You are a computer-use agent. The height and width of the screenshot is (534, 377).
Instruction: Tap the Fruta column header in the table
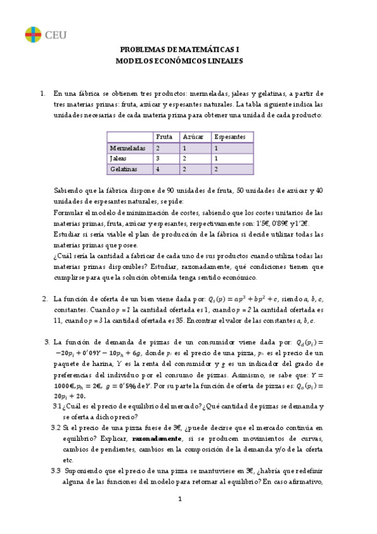coord(164,137)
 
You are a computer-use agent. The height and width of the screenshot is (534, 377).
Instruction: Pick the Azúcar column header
coord(193,137)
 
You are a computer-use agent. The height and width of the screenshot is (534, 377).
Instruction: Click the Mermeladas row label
coord(128,148)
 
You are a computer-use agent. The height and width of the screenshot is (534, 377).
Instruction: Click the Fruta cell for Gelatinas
coord(158,169)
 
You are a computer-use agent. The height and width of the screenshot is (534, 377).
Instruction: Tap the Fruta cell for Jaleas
coord(158,159)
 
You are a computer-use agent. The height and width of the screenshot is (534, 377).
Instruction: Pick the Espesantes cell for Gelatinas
coord(217,169)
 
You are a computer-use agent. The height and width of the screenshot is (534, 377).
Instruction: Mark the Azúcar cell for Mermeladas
coord(184,148)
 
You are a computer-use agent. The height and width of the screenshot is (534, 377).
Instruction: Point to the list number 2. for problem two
coord(45,298)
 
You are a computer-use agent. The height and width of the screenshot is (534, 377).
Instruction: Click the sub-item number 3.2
coord(56,427)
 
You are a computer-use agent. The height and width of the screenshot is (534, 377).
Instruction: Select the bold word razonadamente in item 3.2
coord(155,438)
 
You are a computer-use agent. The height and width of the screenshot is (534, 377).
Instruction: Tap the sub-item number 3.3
coord(56,471)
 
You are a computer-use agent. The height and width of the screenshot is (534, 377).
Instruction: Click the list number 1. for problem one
coord(43,94)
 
